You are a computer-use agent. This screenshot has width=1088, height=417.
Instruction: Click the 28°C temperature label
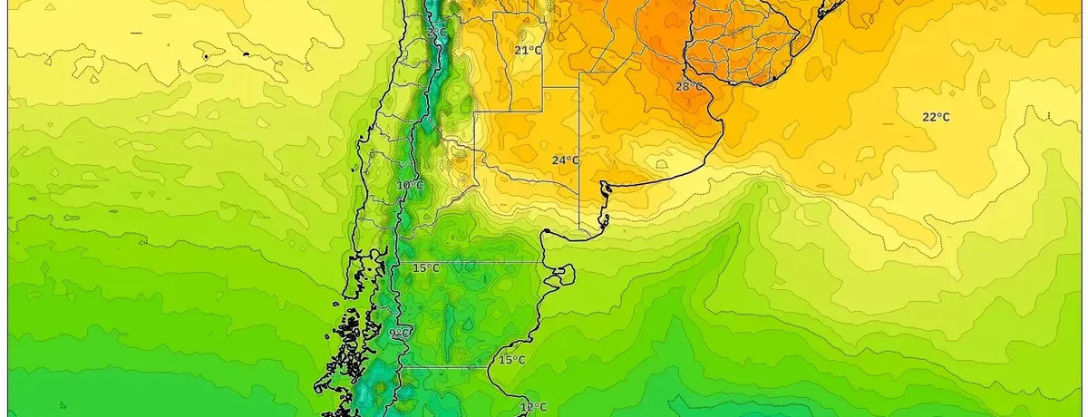[688, 86]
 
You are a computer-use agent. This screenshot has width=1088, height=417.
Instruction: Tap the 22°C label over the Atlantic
[936, 117]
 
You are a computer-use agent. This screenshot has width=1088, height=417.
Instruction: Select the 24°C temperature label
[566, 160]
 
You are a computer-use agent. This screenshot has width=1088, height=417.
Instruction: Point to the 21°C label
[528, 50]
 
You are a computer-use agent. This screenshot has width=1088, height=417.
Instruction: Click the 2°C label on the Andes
[436, 33]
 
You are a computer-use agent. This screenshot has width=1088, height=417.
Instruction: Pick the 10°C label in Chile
[410, 186]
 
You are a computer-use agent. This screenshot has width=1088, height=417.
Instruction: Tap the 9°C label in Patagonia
[399, 334]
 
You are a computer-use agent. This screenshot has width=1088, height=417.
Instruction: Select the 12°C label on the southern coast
[533, 407]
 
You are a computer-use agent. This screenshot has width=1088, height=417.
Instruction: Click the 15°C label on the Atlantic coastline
[511, 360]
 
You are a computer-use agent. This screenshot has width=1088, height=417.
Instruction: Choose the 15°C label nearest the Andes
[426, 268]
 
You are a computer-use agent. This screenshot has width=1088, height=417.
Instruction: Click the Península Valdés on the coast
[564, 272]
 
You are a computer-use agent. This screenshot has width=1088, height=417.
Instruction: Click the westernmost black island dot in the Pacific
[207, 57]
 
